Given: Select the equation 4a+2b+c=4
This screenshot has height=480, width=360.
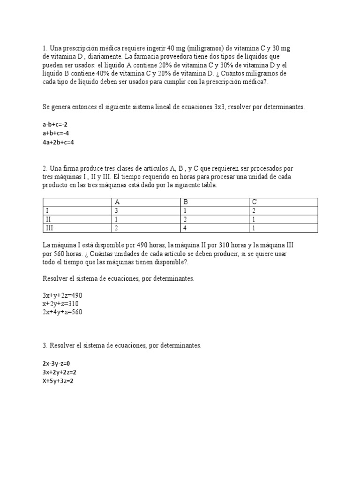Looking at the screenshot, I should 59,142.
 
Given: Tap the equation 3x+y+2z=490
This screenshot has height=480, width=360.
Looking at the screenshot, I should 62,295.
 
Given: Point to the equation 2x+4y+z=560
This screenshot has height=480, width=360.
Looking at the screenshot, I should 62,312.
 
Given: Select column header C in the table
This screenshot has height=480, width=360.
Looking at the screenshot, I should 254,202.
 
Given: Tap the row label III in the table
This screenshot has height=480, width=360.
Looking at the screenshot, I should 49,228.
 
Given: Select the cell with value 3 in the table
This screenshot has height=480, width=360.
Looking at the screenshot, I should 116,210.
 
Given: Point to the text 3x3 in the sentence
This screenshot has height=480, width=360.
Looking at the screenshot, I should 219,107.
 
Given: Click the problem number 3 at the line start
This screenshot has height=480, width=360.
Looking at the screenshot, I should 44,345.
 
